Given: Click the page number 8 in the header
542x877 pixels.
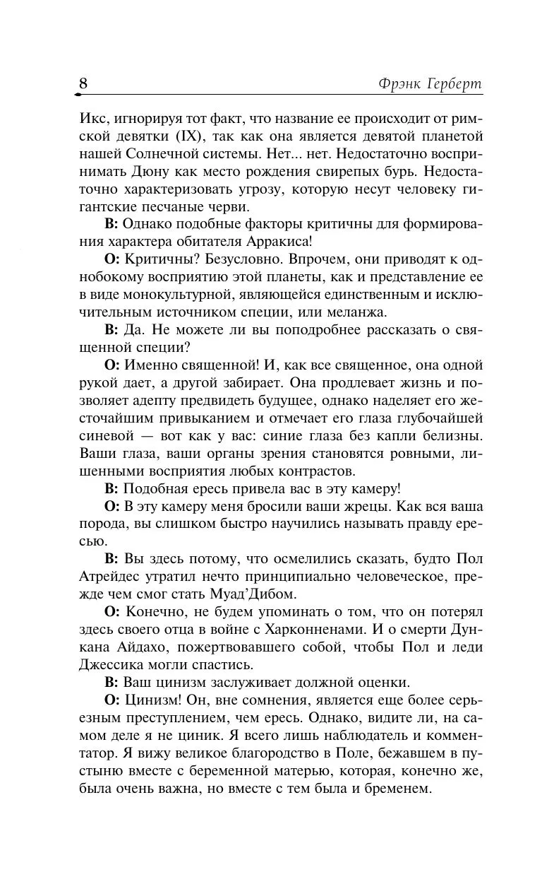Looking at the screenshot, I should [83, 83].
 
